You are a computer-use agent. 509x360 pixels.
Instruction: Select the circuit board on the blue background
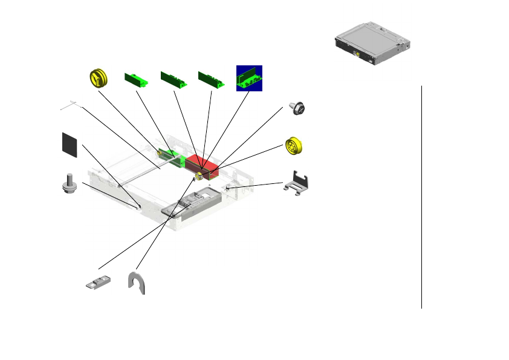tap(248, 78)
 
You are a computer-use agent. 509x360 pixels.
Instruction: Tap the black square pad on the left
tap(70, 145)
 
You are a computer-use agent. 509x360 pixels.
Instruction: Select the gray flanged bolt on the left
tap(70, 183)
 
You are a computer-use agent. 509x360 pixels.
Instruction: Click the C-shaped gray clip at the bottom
tap(138, 283)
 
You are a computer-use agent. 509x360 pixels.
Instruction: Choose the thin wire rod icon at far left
tap(71, 105)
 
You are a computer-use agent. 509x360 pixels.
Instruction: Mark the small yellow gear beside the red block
tap(199, 176)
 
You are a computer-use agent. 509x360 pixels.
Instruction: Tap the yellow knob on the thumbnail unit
tap(358, 54)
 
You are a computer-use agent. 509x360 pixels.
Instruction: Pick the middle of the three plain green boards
tap(173, 79)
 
